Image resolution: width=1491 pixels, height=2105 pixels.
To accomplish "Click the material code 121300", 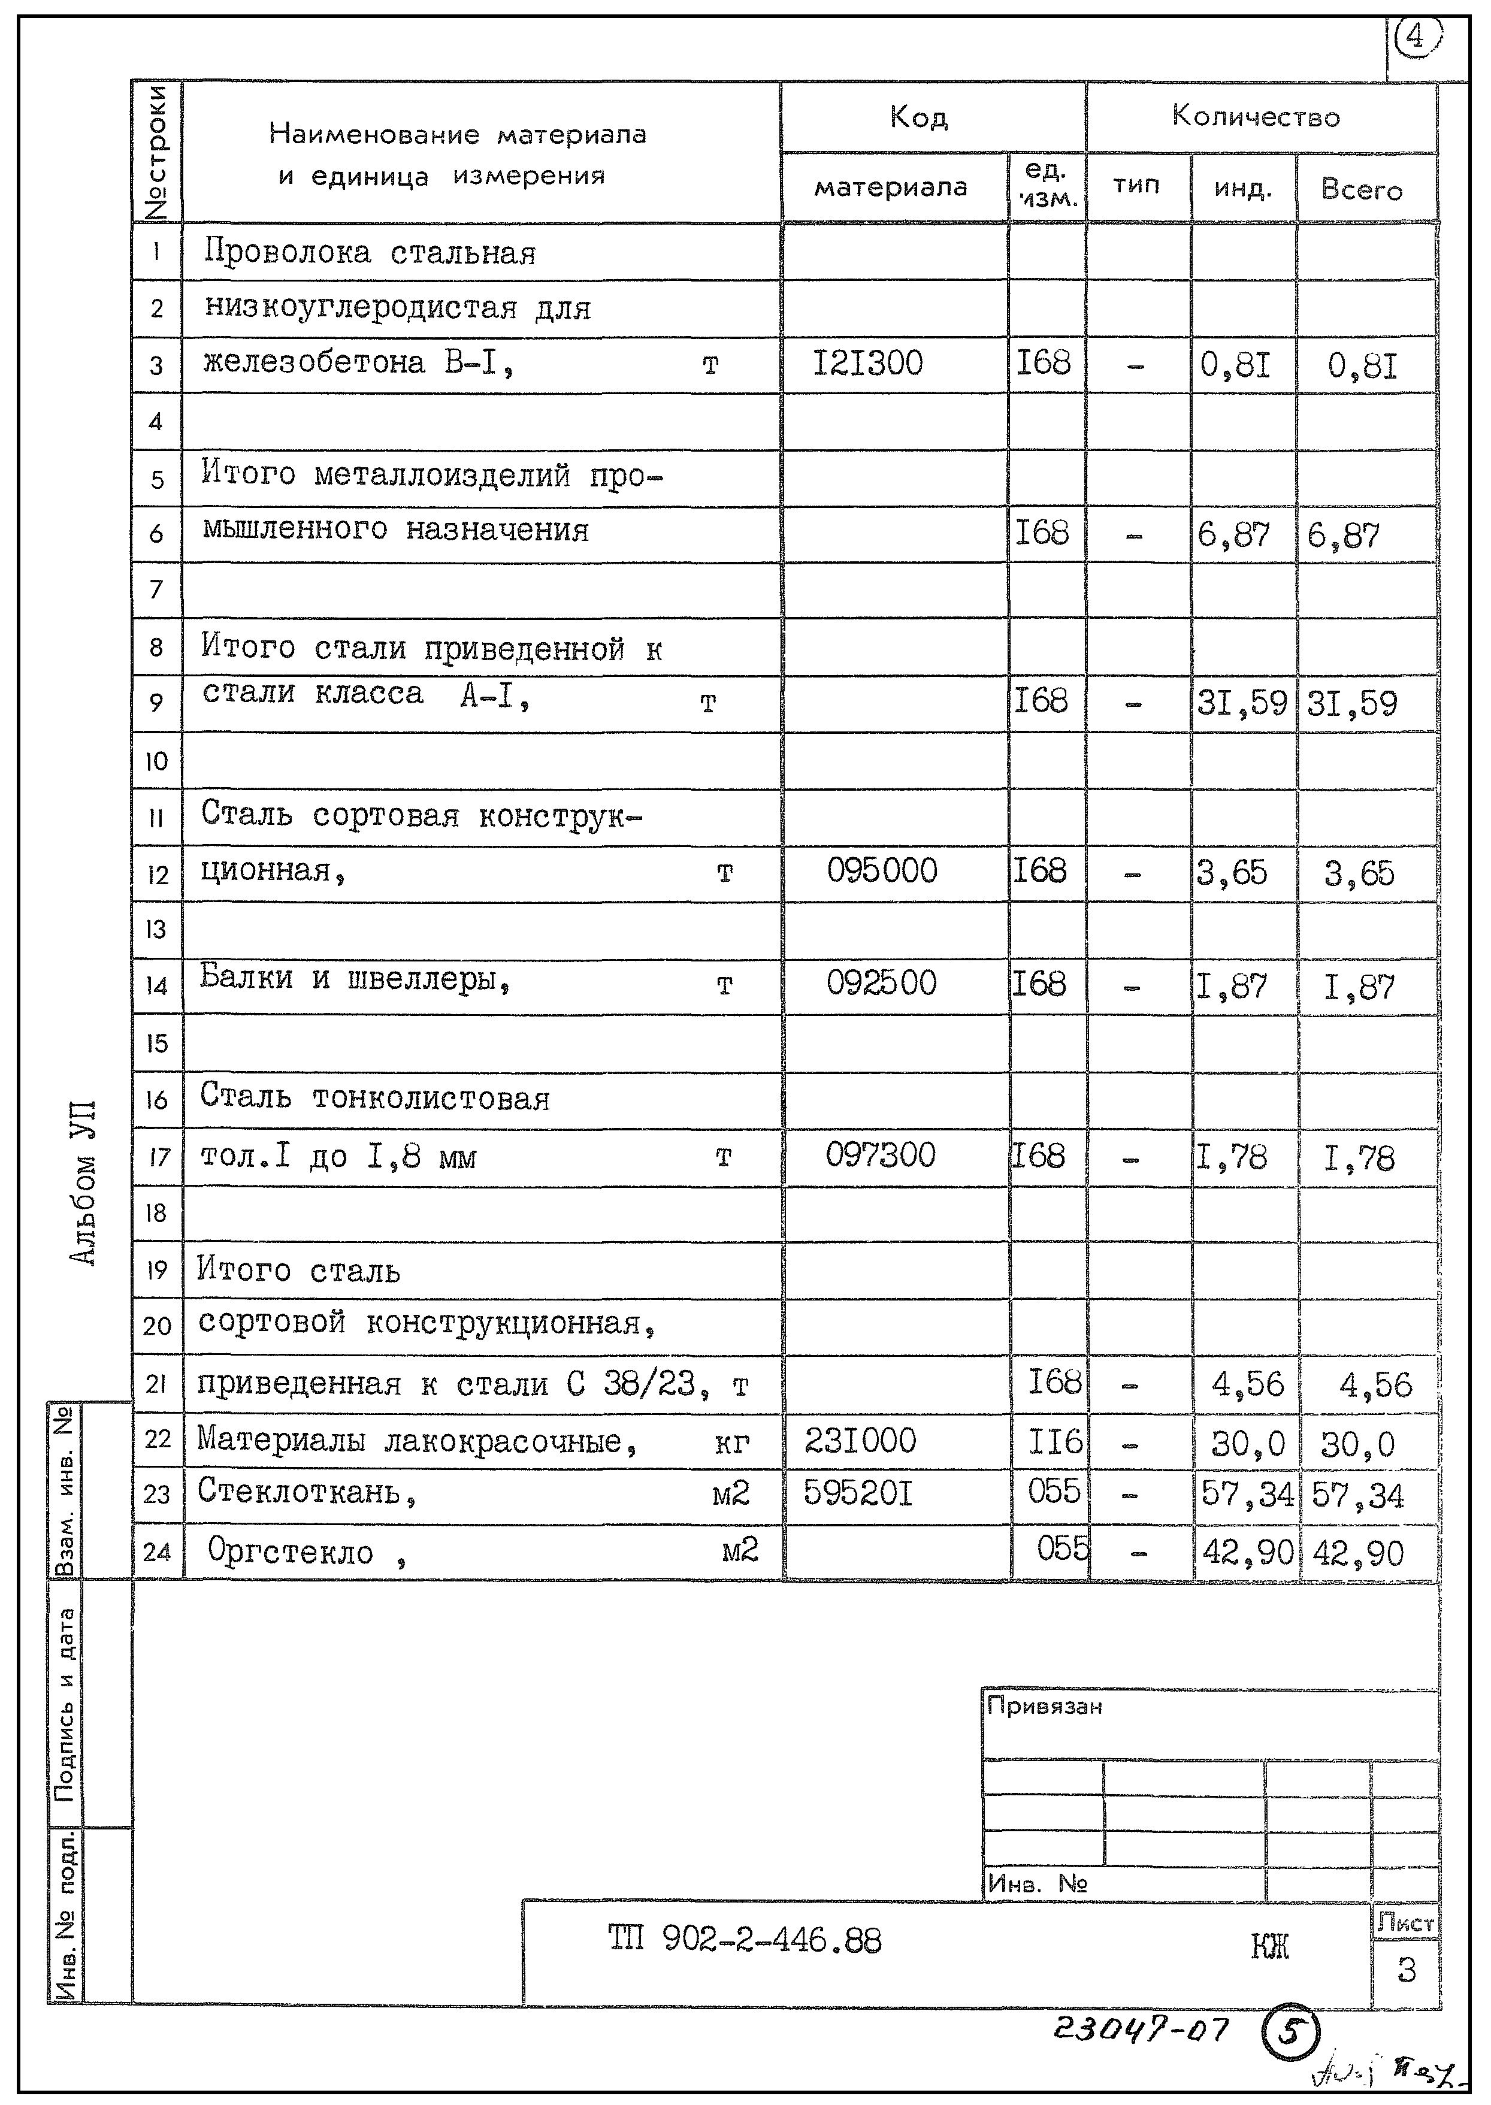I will click(x=867, y=364).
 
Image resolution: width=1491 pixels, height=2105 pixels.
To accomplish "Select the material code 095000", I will click(x=881, y=870).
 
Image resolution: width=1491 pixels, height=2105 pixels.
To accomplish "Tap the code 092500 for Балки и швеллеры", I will click(x=881, y=983).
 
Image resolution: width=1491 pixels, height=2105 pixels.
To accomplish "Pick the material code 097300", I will click(x=879, y=1155).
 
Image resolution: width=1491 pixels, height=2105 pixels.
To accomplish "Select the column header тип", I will click(x=1136, y=186).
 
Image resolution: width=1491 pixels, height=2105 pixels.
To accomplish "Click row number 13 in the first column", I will click(x=156, y=929).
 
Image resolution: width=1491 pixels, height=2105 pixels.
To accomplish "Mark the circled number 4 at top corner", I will click(x=1415, y=38).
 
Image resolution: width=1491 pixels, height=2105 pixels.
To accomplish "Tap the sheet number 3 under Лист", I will click(x=1405, y=1969).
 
